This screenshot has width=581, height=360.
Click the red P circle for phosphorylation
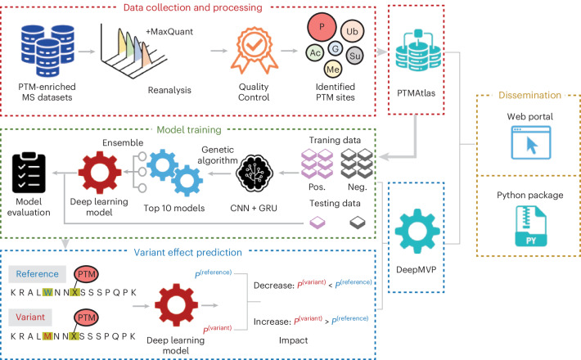point(322,27)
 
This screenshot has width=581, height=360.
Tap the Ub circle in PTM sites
point(352,31)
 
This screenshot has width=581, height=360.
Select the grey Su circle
point(354,56)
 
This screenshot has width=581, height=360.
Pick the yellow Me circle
point(333,70)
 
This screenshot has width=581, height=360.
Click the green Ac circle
point(315,53)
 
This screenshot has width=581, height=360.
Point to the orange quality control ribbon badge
point(254,51)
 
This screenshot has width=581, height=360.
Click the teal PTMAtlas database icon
point(418,51)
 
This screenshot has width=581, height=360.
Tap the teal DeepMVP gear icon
point(417,231)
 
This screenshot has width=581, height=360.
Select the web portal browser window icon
point(530,142)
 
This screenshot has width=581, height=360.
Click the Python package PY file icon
point(530,227)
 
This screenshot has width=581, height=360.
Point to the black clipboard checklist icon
point(29,172)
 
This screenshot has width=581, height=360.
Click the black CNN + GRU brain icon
point(254,173)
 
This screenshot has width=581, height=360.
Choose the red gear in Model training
point(100,172)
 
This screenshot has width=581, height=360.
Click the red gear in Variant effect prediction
point(177,305)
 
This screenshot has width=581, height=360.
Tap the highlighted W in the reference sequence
point(47,293)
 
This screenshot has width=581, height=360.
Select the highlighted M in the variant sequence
point(47,336)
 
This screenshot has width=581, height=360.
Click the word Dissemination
point(529,95)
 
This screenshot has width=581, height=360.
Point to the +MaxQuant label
point(169,32)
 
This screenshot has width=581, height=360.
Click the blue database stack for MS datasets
point(47,51)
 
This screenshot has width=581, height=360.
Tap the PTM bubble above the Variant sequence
point(87,317)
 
